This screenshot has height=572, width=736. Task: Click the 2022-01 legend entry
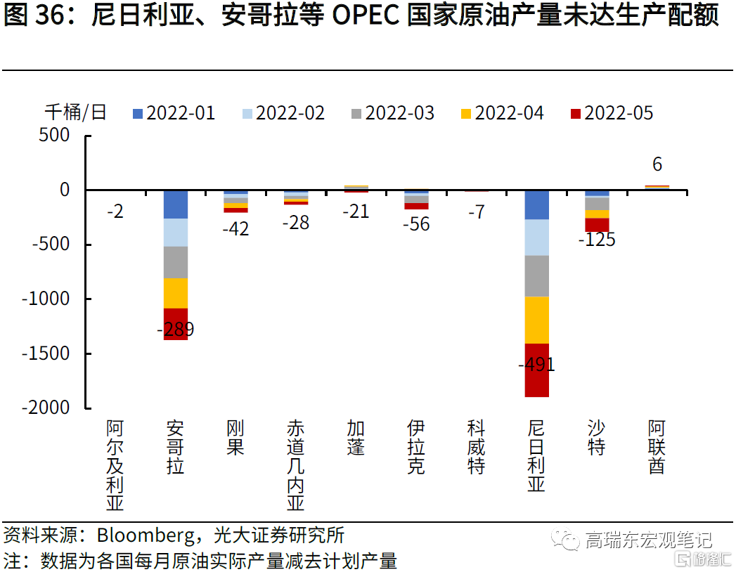click(174, 113)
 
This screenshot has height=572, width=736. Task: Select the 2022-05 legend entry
click(612, 113)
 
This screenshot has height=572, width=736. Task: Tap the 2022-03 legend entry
click(393, 113)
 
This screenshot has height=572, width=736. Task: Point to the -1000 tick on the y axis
click(46, 299)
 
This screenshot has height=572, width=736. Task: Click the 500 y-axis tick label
click(54, 135)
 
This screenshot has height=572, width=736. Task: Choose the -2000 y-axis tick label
click(46, 408)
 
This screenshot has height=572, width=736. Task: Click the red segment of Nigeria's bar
click(537, 370)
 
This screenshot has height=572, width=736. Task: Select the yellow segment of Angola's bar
click(176, 293)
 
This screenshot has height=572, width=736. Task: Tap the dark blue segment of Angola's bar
click(176, 204)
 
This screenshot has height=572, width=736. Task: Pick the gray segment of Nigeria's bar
click(537, 276)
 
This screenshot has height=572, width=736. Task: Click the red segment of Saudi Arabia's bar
click(597, 225)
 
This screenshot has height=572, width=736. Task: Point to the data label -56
click(416, 224)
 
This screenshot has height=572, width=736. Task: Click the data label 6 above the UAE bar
click(657, 164)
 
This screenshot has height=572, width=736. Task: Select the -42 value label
click(235, 229)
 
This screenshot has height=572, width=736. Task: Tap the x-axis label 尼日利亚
click(536, 455)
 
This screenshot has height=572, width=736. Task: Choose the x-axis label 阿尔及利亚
click(115, 465)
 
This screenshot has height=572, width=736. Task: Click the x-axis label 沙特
click(596, 437)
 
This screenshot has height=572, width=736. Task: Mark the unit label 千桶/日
click(76, 112)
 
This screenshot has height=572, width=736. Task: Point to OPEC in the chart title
click(365, 15)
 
